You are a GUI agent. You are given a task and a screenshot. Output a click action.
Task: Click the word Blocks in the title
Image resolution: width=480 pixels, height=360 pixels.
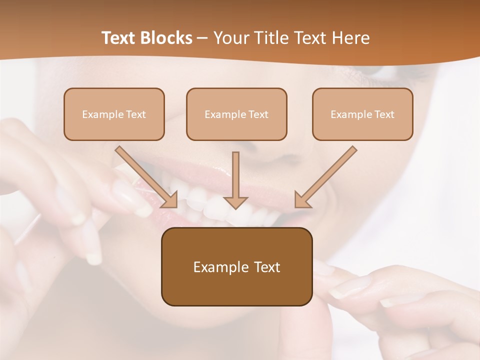point(167,38)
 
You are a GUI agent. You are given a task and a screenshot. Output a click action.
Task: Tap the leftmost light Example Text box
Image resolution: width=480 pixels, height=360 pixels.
point(114,114)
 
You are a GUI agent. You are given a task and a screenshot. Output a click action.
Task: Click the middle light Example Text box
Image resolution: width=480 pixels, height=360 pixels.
point(236,114)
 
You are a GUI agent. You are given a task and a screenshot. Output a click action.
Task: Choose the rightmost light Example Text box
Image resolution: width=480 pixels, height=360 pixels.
point(362,114)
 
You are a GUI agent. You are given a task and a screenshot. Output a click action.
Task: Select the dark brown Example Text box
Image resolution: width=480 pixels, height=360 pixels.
point(236,266)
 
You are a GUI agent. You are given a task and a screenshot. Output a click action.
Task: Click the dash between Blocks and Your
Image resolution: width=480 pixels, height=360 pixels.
point(202,38)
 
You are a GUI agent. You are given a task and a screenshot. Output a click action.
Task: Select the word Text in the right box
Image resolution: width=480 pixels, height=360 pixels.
point(384,114)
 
